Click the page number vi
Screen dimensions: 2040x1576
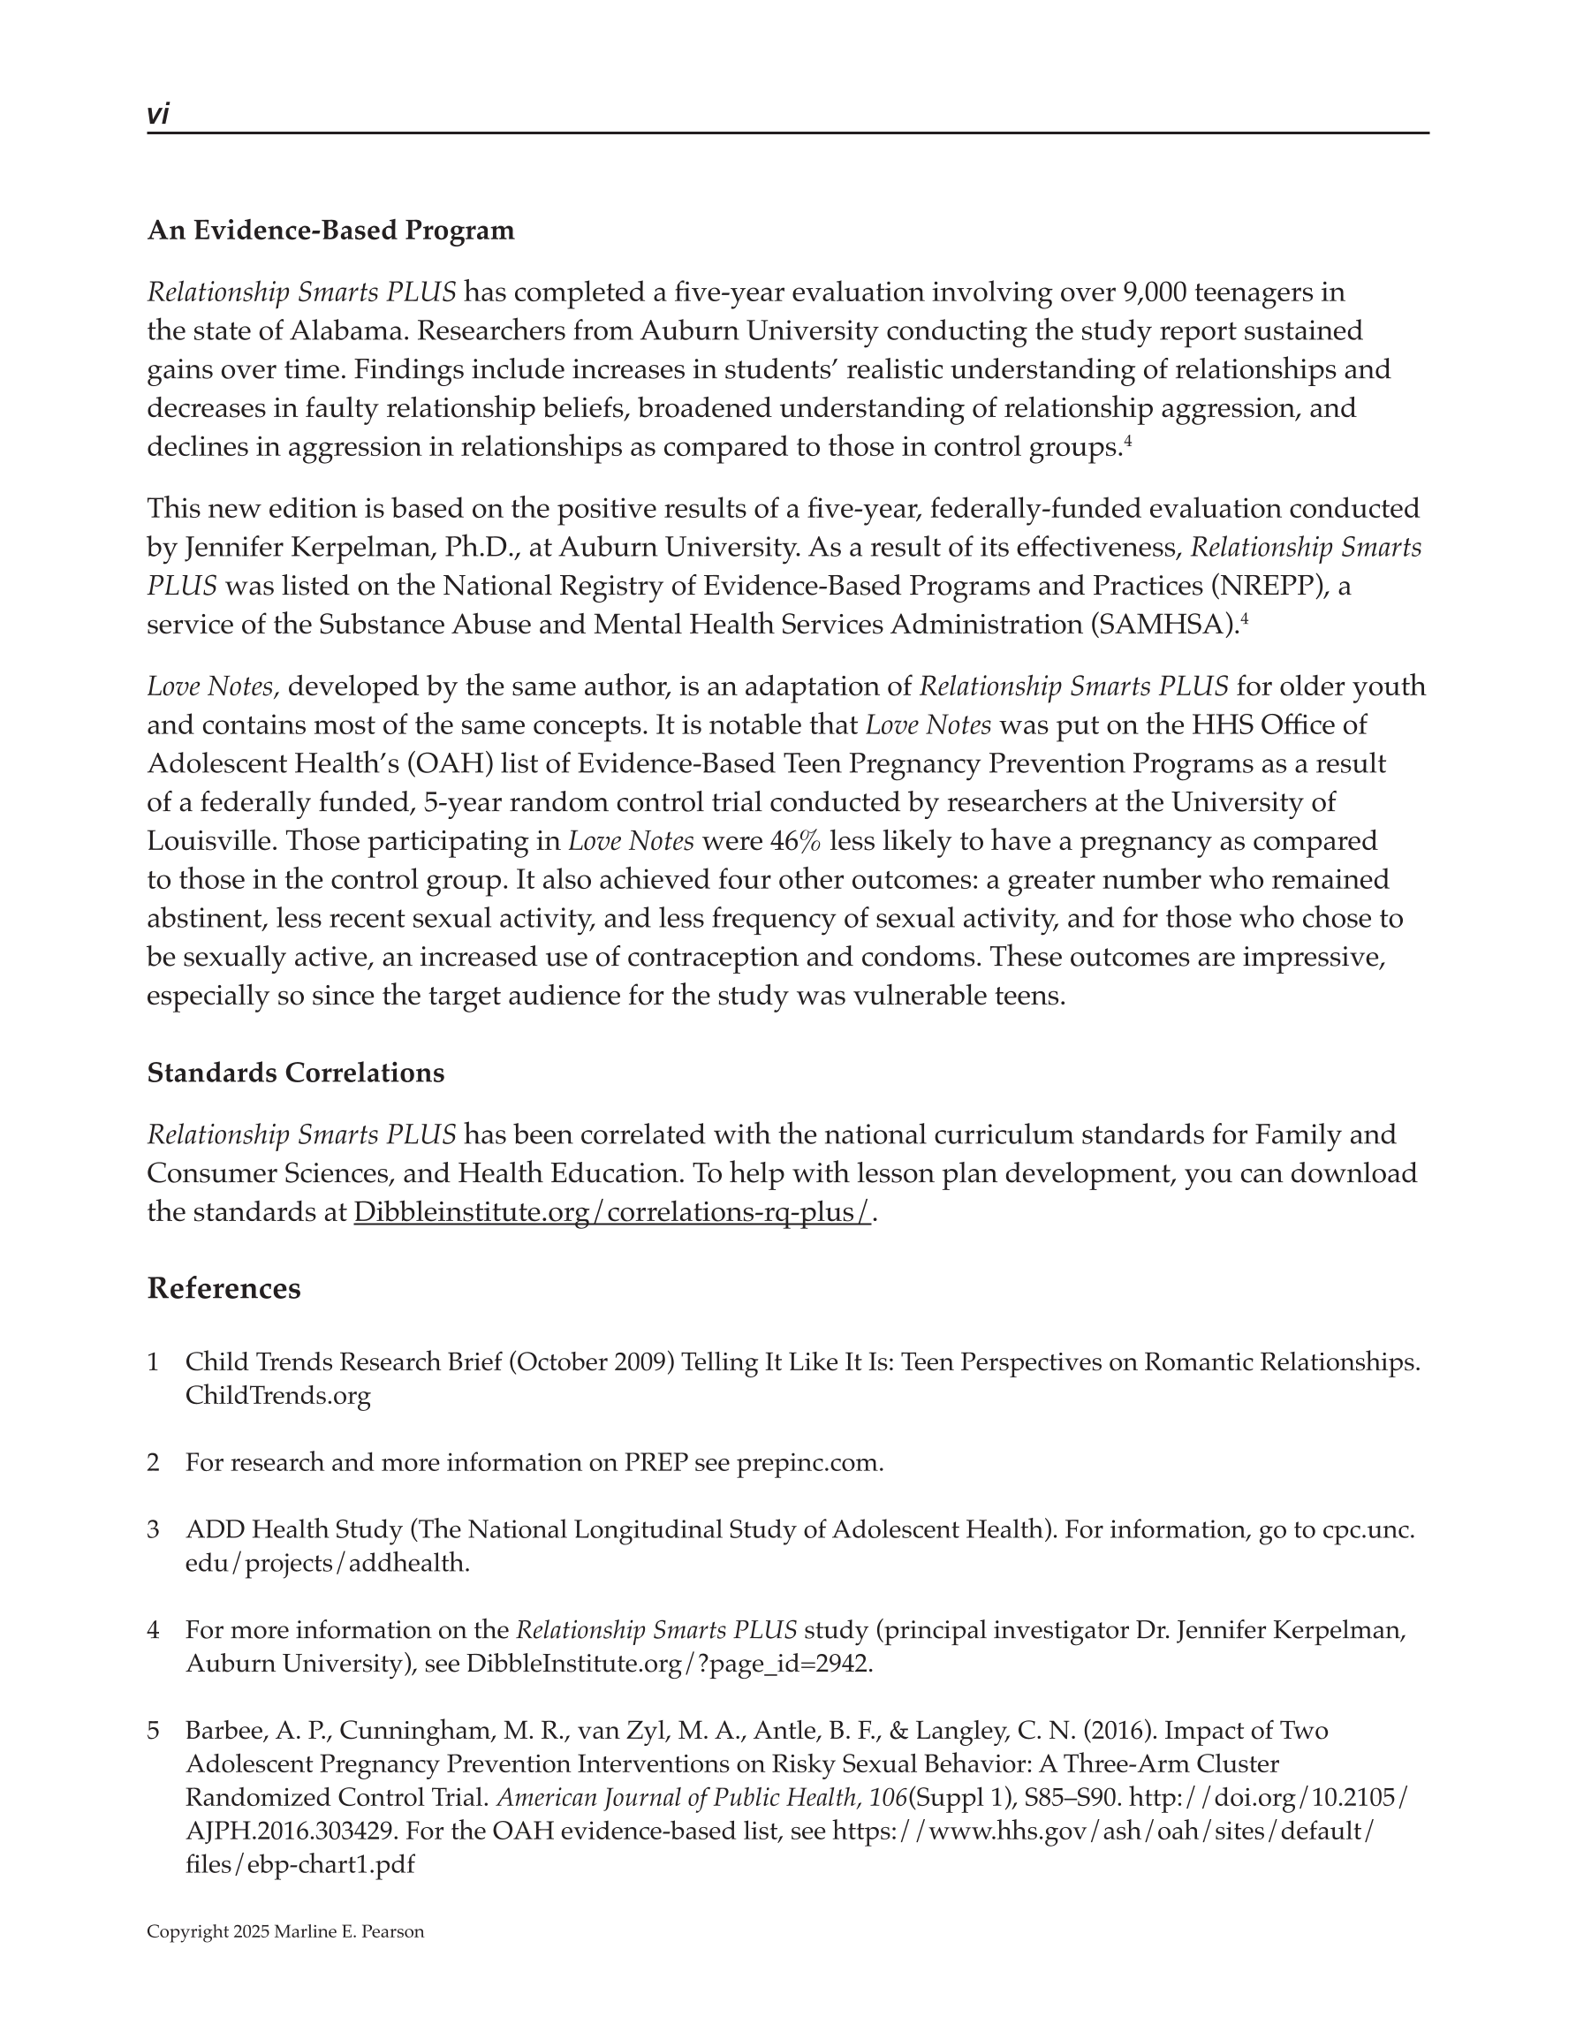158,115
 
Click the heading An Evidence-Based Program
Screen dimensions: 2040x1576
330,231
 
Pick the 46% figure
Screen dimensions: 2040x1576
795,842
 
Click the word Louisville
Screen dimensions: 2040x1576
211,842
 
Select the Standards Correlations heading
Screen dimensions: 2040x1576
295,1073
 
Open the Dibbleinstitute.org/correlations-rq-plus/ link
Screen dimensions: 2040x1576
612,1212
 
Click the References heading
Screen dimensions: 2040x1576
224,1289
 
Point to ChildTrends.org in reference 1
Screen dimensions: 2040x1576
277,1396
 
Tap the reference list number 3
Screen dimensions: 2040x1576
153,1530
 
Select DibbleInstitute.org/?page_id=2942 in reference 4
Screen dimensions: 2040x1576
669,1664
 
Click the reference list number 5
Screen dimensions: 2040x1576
153,1731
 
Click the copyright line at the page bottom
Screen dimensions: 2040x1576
285,1931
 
